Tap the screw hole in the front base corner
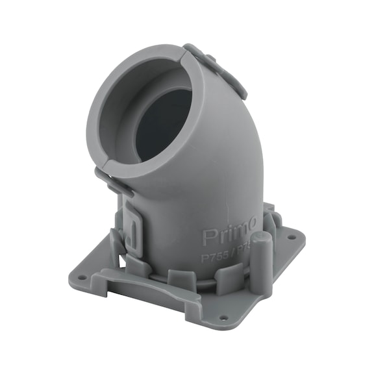click(223, 318)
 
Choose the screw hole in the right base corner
click(290, 238)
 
